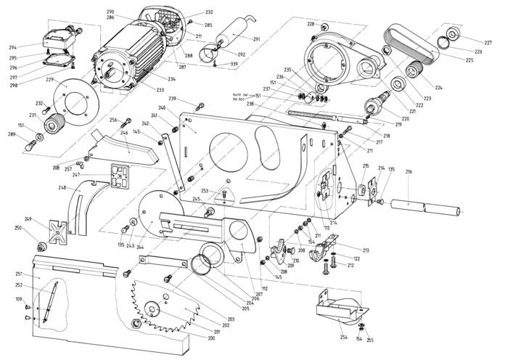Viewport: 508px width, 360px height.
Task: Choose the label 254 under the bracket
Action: pos(343,337)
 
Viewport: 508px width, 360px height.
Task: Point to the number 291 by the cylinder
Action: pos(256,38)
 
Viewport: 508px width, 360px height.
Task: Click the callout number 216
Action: pos(409,172)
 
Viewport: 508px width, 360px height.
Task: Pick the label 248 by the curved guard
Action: pos(62,188)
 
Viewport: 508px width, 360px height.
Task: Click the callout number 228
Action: pos(311,24)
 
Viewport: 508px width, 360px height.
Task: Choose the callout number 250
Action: pos(17,228)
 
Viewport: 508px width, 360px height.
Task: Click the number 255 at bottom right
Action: pos(369,340)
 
